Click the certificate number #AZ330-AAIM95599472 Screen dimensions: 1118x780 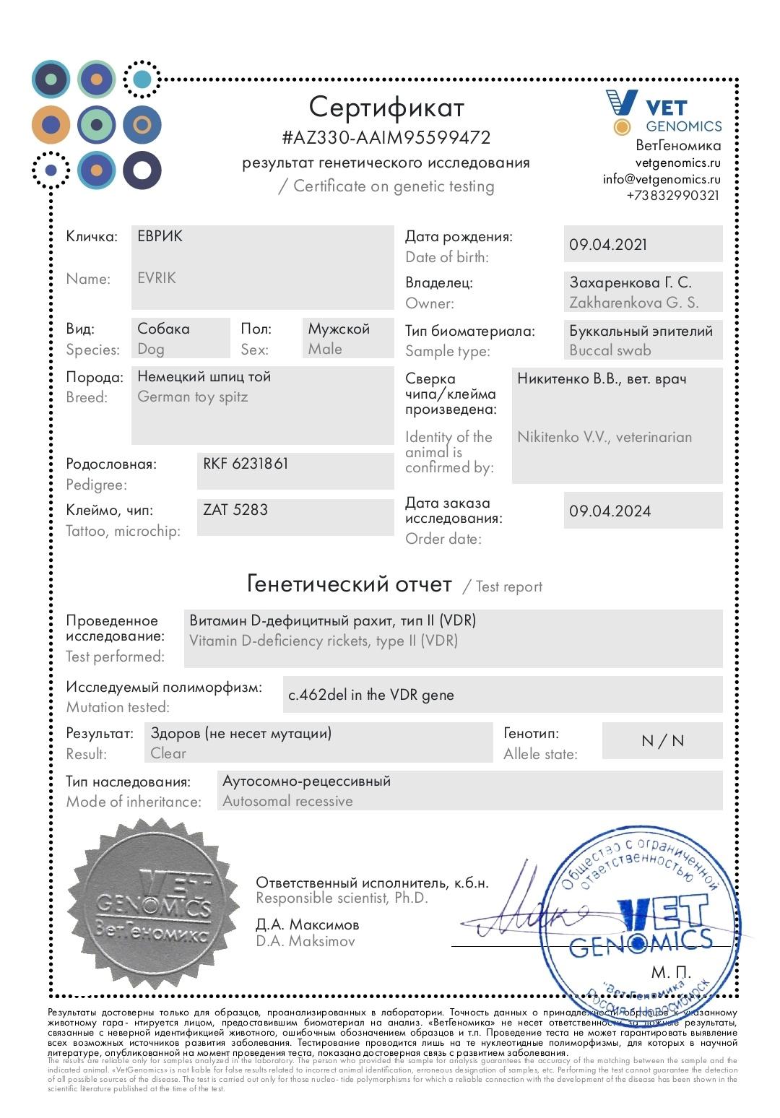386,137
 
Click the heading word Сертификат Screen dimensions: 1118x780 386,107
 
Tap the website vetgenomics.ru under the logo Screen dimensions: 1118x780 677,163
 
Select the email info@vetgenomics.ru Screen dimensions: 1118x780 662,179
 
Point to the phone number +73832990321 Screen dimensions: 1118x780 672,196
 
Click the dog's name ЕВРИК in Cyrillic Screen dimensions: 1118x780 160,236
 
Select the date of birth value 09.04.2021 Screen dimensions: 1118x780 608,244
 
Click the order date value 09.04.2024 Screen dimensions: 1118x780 610,511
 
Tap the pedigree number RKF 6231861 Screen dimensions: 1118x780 246,464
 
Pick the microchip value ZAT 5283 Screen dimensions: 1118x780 235,510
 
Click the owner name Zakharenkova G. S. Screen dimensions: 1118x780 633,303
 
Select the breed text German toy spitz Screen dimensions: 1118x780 193,396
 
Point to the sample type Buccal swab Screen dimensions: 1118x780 610,350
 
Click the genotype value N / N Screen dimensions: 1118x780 662,741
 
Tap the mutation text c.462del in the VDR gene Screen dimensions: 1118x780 371,695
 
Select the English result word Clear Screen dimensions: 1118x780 168,753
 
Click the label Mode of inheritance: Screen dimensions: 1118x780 134,802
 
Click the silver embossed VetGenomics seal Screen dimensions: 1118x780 154,903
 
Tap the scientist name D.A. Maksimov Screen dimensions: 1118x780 305,941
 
